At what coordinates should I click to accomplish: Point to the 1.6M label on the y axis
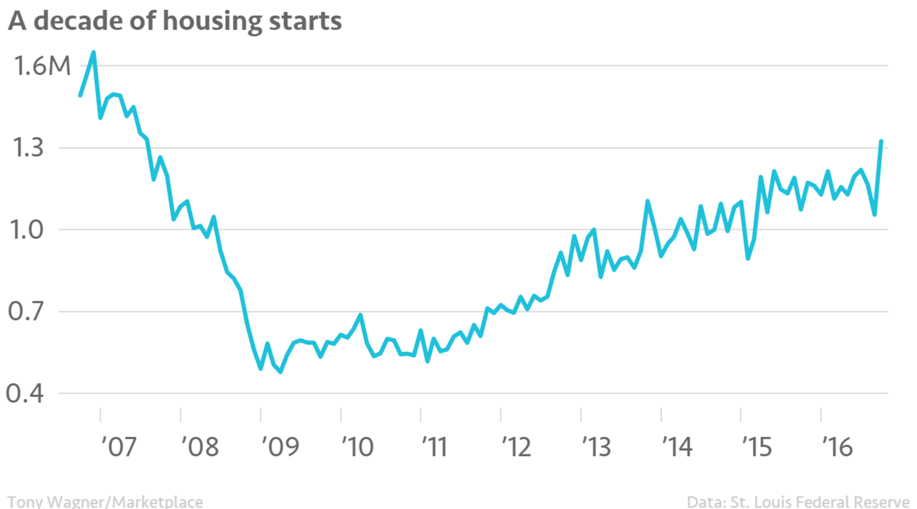pyautogui.click(x=42, y=66)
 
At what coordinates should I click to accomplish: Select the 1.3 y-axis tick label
pyautogui.click(x=28, y=148)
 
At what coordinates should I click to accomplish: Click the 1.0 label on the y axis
pyautogui.click(x=27, y=230)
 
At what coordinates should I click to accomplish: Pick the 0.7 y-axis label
pyautogui.click(x=26, y=312)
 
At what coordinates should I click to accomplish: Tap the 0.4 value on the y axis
pyautogui.click(x=25, y=393)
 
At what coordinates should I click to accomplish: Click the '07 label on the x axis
pyautogui.click(x=119, y=447)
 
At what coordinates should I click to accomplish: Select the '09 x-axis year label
pyautogui.click(x=280, y=447)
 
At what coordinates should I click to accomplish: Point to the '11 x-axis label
pyautogui.click(x=434, y=447)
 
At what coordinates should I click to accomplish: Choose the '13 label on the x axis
pyautogui.click(x=596, y=447)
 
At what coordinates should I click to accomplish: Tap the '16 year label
pyautogui.click(x=837, y=447)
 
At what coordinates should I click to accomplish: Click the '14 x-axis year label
pyautogui.click(x=677, y=447)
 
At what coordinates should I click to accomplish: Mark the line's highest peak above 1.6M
pyautogui.click(x=93, y=52)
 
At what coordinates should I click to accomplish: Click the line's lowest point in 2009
pyautogui.click(x=281, y=372)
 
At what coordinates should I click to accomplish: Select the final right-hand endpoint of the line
pyautogui.click(x=881, y=141)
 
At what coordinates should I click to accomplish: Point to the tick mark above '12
pyautogui.click(x=501, y=414)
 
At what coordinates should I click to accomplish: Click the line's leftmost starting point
pyautogui.click(x=80, y=95)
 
